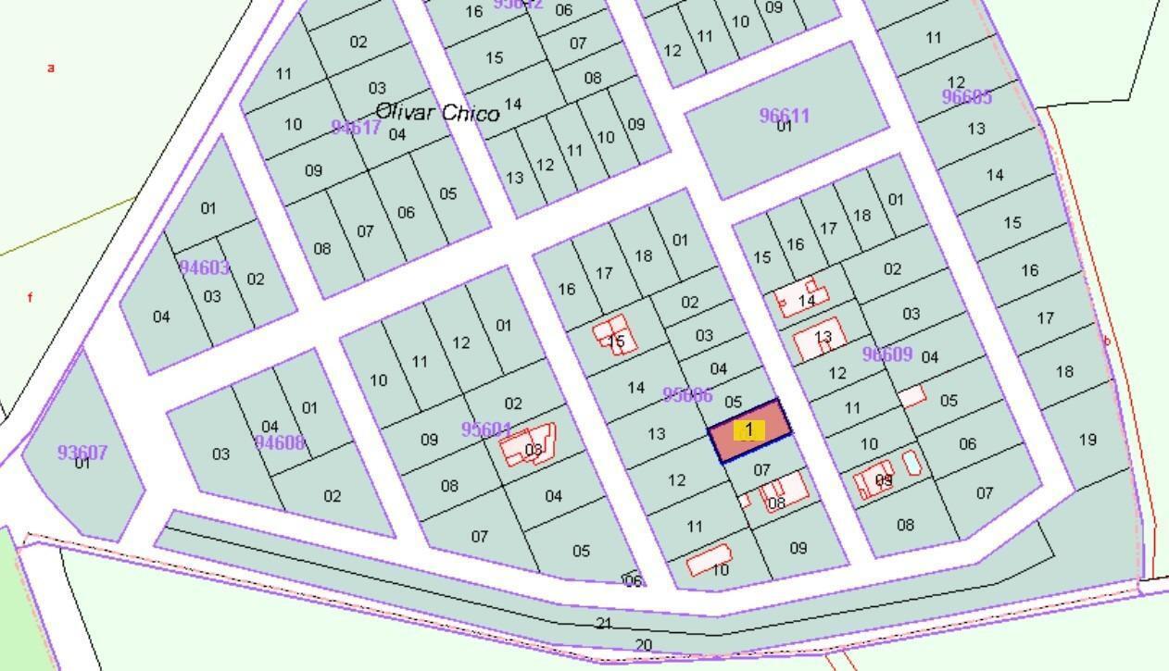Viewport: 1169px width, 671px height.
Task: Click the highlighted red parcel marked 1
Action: (749, 430)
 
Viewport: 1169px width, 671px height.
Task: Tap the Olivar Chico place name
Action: (437, 112)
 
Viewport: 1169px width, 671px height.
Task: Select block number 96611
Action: (785, 116)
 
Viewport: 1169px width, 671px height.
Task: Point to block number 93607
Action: (82, 453)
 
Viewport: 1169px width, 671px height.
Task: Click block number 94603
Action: (205, 268)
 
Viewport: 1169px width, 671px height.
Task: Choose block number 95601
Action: (486, 430)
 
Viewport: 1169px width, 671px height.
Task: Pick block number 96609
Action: (887, 354)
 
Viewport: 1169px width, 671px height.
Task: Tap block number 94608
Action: (280, 442)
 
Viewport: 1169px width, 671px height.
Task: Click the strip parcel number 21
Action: (604, 624)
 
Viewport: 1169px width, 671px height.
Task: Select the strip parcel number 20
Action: (644, 645)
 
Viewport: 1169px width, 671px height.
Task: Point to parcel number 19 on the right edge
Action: (1087, 440)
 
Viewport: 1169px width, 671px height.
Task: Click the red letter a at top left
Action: (52, 68)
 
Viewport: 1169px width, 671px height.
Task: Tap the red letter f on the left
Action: (31, 298)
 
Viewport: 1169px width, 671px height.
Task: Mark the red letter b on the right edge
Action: (1106, 341)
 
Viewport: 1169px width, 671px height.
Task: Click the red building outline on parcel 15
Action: (616, 335)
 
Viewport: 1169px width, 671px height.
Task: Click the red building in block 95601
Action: (528, 446)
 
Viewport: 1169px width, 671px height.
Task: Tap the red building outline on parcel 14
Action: (798, 298)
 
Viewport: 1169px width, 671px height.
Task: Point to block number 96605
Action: (967, 97)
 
